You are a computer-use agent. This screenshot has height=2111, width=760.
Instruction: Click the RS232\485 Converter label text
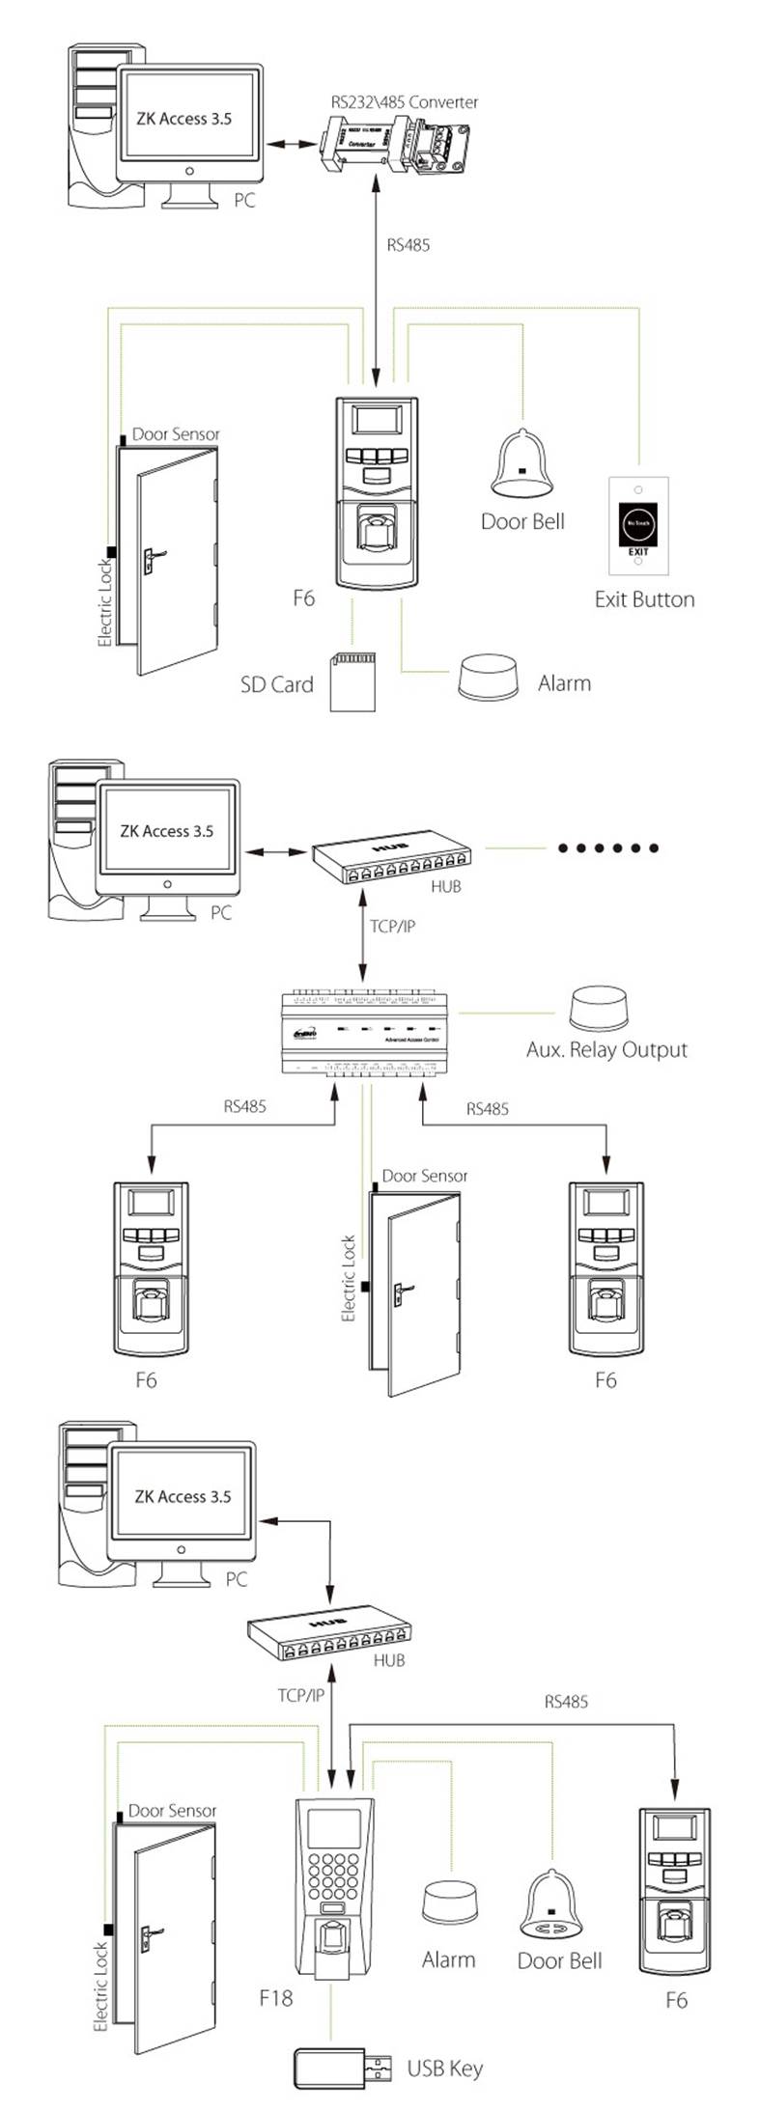[x=404, y=101]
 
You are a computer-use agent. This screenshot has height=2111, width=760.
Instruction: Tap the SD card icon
[x=352, y=681]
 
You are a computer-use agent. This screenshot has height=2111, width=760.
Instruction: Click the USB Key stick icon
[x=343, y=2069]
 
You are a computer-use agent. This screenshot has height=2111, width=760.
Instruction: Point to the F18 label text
[x=275, y=1997]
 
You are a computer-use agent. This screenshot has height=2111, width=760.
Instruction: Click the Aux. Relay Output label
[x=606, y=1050]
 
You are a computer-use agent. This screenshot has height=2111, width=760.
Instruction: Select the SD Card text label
[x=277, y=684]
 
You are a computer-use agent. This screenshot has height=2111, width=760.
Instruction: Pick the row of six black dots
[x=607, y=848]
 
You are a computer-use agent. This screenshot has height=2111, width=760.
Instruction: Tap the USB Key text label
[x=444, y=2069]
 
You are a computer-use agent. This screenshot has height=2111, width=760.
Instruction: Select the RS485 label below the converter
[x=408, y=245]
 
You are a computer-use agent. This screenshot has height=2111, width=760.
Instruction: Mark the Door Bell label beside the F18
[x=559, y=1960]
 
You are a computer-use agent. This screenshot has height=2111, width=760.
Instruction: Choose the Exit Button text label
[x=644, y=599]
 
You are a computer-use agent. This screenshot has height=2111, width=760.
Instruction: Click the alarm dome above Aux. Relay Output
[x=600, y=1009]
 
